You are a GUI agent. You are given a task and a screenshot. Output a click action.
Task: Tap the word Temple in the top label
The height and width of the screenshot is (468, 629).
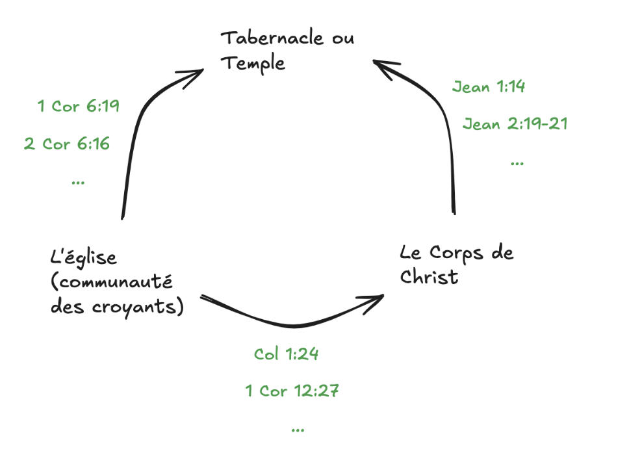click(253, 64)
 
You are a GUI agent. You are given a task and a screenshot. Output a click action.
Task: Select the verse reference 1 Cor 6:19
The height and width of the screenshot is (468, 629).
click(79, 106)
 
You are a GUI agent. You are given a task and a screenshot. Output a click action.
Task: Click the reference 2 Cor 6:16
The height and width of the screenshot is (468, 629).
click(67, 144)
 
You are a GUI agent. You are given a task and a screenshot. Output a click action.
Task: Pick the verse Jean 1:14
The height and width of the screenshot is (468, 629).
click(489, 86)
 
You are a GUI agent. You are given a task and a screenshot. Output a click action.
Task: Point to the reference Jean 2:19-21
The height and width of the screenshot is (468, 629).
click(515, 124)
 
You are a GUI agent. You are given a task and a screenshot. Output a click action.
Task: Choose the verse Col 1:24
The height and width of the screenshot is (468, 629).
click(286, 354)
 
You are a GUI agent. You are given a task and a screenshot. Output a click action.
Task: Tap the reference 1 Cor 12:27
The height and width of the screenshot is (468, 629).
click(292, 391)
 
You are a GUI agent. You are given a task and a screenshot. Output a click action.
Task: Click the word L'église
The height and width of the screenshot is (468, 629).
click(83, 257)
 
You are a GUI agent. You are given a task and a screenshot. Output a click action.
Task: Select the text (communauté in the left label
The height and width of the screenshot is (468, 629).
click(112, 282)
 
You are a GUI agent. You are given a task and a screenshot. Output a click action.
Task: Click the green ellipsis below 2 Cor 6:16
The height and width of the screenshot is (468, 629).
click(78, 183)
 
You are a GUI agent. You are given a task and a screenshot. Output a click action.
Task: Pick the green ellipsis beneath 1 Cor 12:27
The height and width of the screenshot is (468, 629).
click(298, 430)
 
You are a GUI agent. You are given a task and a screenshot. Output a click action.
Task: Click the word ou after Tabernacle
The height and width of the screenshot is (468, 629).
click(341, 38)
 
